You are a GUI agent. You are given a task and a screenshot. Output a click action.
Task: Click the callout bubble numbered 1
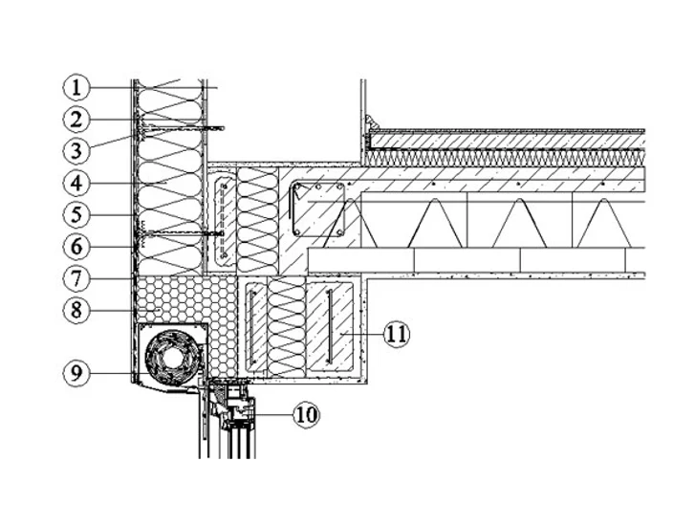[76, 88]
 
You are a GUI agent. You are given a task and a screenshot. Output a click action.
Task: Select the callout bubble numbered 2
[76, 120]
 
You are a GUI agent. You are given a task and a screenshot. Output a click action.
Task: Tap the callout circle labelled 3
[76, 151]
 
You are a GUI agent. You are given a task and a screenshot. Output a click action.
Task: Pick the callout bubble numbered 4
[76, 184]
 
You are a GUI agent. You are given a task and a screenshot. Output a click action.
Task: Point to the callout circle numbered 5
[76, 214]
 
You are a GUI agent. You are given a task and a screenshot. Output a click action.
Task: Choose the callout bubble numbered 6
[76, 247]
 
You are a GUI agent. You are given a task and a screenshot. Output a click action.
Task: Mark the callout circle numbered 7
[76, 278]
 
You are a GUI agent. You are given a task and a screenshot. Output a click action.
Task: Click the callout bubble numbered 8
[76, 310]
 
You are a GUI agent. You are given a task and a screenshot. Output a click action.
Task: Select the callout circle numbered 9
[76, 373]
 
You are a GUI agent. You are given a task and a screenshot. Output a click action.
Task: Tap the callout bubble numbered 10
[307, 415]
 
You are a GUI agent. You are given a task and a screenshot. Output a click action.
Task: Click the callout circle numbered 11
[397, 334]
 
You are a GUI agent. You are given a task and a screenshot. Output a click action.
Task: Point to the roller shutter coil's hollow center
[172, 358]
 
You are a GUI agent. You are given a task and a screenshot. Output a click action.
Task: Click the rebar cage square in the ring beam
[318, 209]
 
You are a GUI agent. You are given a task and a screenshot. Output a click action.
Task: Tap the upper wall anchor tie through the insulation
[181, 128]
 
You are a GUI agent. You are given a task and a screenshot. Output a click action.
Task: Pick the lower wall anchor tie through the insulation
[181, 233]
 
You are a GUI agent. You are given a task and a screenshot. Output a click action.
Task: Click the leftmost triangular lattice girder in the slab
[350, 223]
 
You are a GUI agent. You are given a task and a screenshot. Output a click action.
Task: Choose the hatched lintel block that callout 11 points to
[331, 327]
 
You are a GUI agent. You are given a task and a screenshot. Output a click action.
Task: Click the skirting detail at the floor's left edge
[370, 122]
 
